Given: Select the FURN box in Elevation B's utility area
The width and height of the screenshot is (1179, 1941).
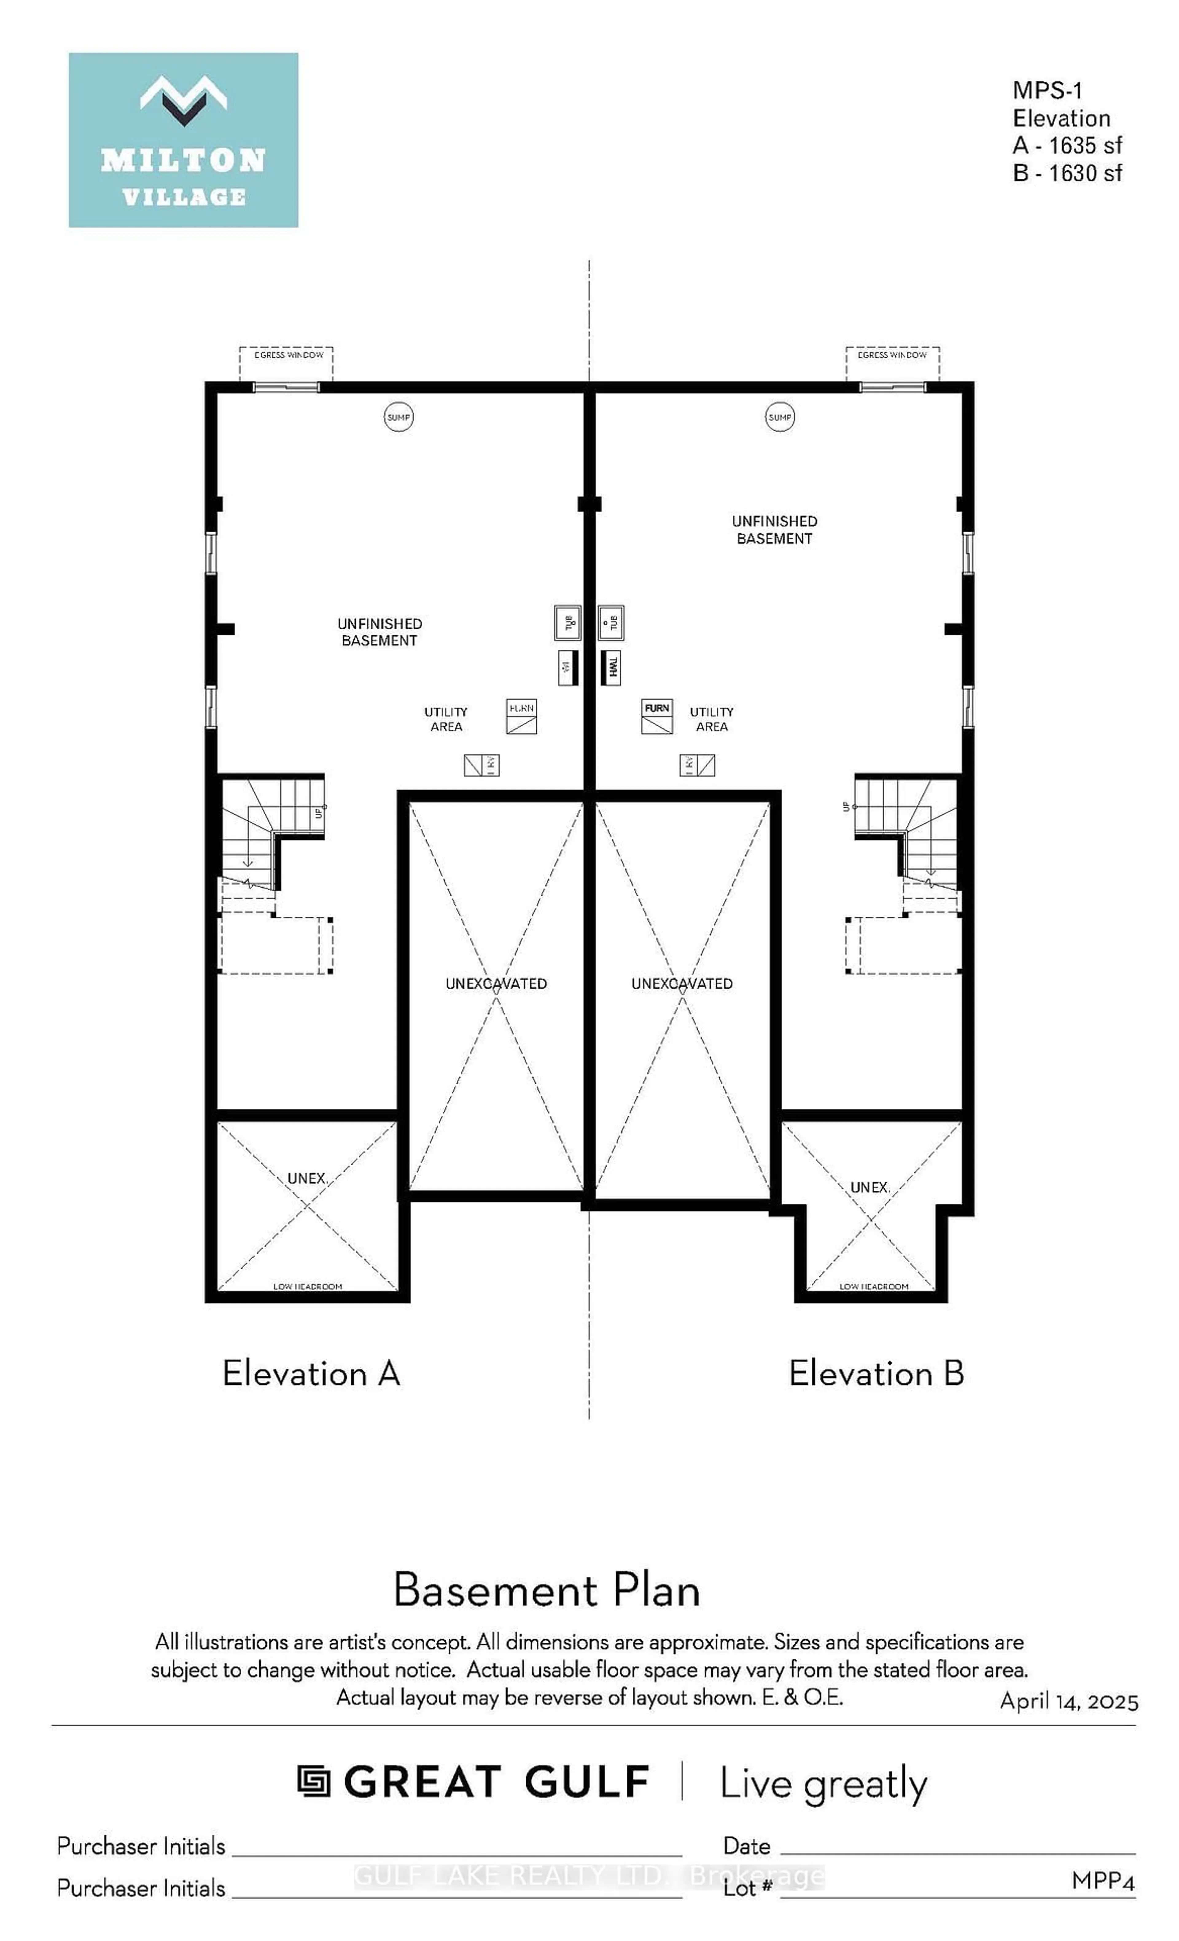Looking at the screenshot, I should pos(656,716).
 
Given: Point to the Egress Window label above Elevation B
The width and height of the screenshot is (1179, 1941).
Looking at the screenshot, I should pos(892,355).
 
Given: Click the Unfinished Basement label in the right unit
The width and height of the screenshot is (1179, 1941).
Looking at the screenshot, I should pos(774,530).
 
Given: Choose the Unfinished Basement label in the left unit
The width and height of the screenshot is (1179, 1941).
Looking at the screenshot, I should pos(379,632).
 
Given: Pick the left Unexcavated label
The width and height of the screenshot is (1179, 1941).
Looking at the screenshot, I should pos(496,984).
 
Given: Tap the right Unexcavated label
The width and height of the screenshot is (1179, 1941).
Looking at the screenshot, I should pos(682,984).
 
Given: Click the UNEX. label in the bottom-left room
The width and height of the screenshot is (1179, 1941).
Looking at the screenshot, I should pos(307,1178).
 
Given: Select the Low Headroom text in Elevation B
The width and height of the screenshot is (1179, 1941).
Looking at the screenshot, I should pos(873,1287).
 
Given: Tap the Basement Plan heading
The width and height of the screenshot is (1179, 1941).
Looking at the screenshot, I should pos(546,1590).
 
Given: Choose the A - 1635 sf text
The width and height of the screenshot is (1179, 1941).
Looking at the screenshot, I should pos(1067,146).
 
